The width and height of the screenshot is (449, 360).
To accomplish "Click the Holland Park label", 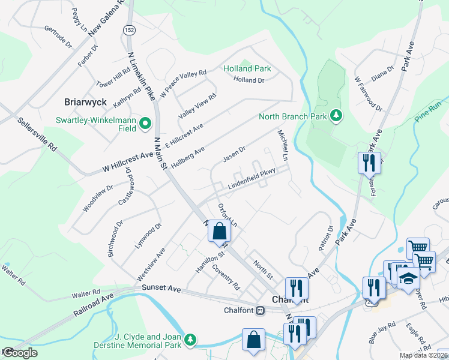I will (x=247, y=68).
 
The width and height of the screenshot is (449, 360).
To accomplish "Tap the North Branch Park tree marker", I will (x=337, y=116).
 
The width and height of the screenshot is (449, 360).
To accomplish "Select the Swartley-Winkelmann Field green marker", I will (x=145, y=124).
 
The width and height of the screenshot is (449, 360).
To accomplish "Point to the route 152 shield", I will (x=130, y=30).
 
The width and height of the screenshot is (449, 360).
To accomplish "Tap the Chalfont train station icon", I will (x=261, y=311).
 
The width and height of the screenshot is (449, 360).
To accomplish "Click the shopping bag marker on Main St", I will (x=220, y=230).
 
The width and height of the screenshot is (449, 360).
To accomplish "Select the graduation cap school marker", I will (x=409, y=279).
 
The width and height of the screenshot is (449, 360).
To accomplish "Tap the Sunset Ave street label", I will (x=161, y=289).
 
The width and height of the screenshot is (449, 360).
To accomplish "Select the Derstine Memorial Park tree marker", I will (x=190, y=340).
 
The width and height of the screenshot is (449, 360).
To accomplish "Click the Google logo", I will (x=19, y=353).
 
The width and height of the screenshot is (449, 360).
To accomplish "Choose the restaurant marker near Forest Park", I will (x=367, y=162).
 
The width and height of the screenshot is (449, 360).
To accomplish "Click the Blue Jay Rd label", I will (x=382, y=333).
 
